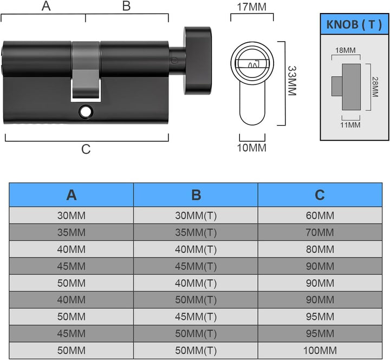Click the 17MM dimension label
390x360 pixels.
tap(251, 6)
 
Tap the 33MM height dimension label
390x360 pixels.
tap(292, 81)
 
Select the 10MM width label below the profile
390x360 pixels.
tap(252, 148)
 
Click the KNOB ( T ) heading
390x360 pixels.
tap(354, 24)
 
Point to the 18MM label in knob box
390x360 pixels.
tap(345, 50)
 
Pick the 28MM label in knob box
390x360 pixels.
tap(375, 87)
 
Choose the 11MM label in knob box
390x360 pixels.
tap(350, 125)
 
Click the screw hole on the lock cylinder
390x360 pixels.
tap(86, 112)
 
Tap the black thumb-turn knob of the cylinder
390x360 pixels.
tap(198, 61)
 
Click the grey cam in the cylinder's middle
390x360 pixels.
tap(86, 70)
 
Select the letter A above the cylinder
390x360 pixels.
tap(46, 6)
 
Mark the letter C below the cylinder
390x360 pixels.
tap(86, 149)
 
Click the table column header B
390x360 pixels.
tap(196, 195)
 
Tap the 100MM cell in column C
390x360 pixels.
tap(320, 351)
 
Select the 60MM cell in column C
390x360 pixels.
tap(320, 215)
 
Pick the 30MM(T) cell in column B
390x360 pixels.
tap(196, 215)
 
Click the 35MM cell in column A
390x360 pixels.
tap(71, 232)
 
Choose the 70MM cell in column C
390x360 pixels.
tap(320, 232)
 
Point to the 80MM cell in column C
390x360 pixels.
tap(320, 250)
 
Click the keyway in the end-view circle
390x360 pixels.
tap(252, 64)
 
